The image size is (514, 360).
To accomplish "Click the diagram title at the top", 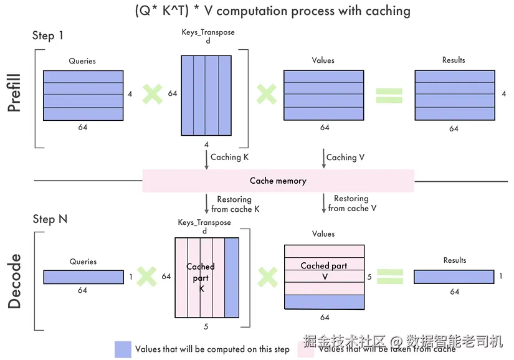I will point(272,11).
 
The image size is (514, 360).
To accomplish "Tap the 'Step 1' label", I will point(48,36).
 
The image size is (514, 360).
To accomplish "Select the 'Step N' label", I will point(50,219).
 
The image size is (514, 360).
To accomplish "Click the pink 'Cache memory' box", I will point(278,181).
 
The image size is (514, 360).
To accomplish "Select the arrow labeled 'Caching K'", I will point(206,158).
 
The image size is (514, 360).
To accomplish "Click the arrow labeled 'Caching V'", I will point(323,158).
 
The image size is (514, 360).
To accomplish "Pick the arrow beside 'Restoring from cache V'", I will point(323,203).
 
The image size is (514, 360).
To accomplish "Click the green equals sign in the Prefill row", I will point(389,95).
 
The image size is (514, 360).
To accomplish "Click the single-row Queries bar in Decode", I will point(83,277).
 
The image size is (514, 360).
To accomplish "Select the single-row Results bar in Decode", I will point(454,277).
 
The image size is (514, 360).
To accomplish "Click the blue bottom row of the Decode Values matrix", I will point(324,302).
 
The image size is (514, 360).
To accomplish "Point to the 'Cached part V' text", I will point(324,270).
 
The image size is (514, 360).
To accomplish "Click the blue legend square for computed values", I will point(123,349).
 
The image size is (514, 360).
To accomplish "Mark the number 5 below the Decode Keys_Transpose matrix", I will point(206,326).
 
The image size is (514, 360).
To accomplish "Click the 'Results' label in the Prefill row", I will point(454,60).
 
